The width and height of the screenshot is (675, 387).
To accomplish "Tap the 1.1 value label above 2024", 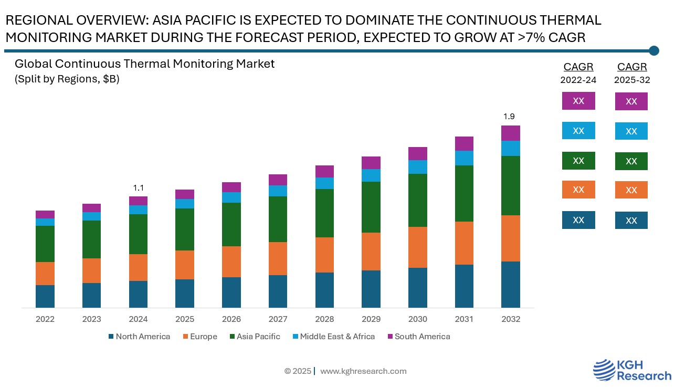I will click(138, 187).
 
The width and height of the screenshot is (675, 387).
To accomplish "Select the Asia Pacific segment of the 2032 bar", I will click(510, 185).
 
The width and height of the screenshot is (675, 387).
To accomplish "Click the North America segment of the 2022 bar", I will click(45, 296).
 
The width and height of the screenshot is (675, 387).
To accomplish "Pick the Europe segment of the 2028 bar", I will click(324, 255).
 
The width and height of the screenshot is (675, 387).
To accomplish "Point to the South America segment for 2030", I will click(417, 153).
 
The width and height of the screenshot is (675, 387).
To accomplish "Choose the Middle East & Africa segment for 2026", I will click(231, 197).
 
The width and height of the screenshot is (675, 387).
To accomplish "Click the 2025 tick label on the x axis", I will click(185, 319).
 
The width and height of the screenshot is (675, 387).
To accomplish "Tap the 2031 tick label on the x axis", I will click(464, 319).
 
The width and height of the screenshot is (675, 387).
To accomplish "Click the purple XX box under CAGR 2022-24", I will click(578, 101).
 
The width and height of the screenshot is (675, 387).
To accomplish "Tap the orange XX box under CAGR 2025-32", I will click(631, 190).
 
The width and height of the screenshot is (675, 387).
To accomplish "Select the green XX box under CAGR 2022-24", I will click(578, 161).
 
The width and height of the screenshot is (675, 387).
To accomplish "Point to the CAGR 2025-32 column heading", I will click(631, 72).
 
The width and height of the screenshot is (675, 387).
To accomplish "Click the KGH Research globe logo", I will click(605, 370).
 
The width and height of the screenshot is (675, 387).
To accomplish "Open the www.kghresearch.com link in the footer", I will click(363, 371).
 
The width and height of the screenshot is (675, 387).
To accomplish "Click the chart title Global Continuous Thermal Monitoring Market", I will click(144, 64).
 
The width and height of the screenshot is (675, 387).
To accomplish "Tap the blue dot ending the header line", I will click(654, 50).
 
